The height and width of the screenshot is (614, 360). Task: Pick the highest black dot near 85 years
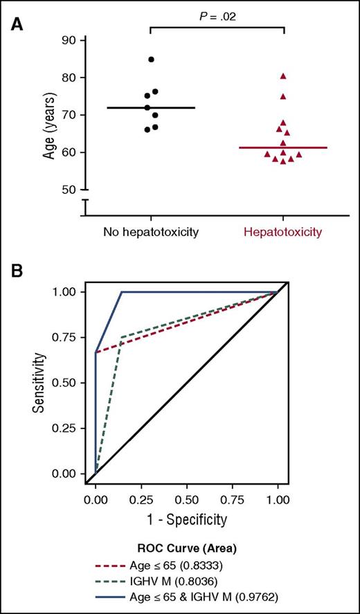coord(151,60)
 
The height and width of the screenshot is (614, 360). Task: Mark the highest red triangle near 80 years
coord(283,75)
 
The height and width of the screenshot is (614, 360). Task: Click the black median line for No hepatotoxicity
coord(151,108)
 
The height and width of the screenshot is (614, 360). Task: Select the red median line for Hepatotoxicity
coord(283,147)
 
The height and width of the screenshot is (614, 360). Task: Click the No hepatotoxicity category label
coord(151,231)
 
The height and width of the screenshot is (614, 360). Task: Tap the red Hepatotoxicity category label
coord(283,231)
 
